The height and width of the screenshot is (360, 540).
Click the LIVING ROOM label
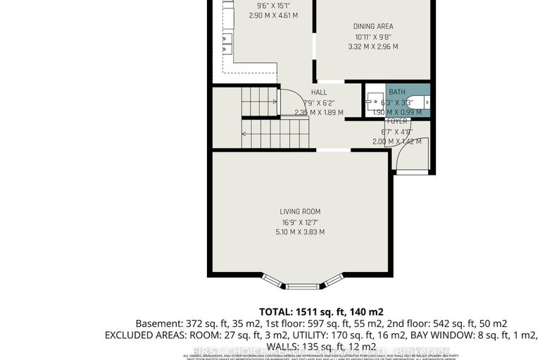point(300,211)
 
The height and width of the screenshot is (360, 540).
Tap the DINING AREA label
point(373,27)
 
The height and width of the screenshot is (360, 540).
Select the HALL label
point(319,92)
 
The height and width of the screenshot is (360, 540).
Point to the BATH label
point(397,92)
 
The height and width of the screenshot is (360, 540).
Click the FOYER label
point(397,121)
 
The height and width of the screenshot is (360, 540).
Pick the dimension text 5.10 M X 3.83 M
point(300,232)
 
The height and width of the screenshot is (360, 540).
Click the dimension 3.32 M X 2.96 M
point(373,47)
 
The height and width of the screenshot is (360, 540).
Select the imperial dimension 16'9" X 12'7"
point(300,222)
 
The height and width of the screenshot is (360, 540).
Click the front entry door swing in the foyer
point(409,158)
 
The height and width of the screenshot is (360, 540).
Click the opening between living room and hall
point(333,150)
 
